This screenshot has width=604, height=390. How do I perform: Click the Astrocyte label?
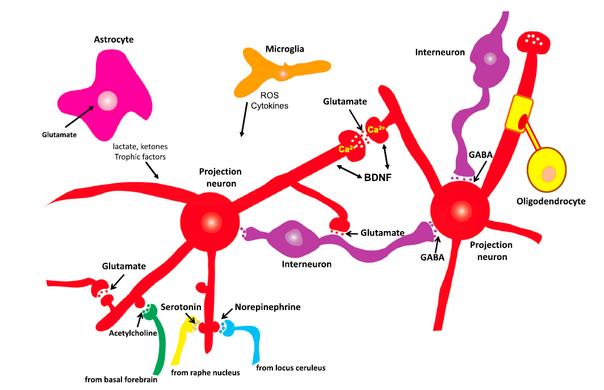click(x=118, y=40)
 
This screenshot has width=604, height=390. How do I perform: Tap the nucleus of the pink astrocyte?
click(x=107, y=101)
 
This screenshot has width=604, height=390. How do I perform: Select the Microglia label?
click(x=284, y=49)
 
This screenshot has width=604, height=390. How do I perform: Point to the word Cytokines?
click(x=270, y=106)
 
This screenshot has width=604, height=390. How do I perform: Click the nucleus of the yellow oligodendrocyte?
click(x=549, y=174)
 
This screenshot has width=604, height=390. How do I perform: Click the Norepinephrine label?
click(x=267, y=307)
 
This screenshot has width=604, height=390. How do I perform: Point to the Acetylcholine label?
click(x=133, y=333)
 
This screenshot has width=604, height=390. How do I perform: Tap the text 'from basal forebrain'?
click(x=120, y=380)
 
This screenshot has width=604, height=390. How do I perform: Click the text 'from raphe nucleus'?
click(x=205, y=373)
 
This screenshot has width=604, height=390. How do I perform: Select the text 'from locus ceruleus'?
click(x=291, y=367)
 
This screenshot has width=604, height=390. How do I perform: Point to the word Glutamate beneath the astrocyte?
click(x=58, y=135)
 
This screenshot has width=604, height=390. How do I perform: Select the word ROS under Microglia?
click(x=270, y=95)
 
